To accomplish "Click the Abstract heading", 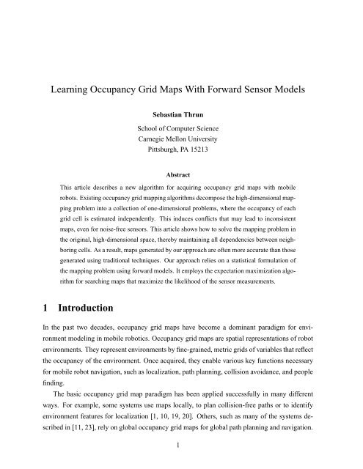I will (x=180, y=186).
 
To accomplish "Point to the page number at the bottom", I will (x=180, y=462).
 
